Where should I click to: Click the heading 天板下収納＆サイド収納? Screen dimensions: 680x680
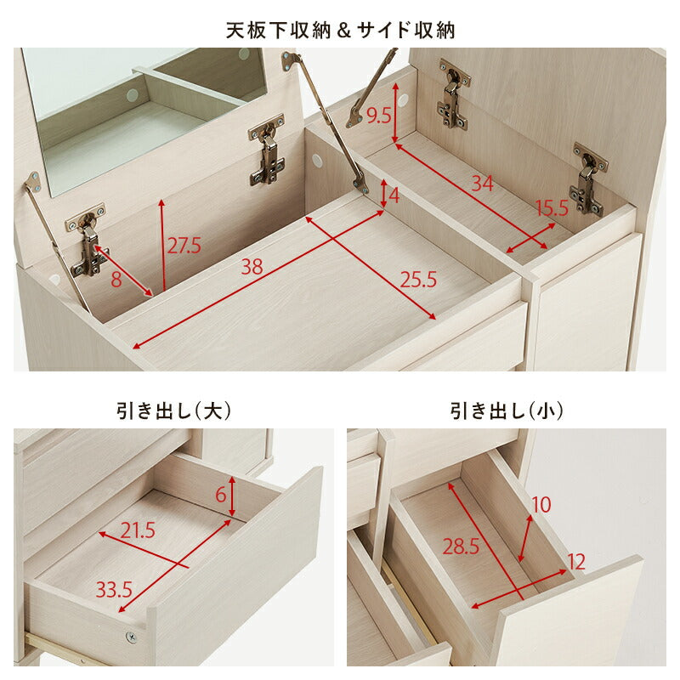(340, 31)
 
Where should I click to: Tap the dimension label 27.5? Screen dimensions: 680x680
(183, 246)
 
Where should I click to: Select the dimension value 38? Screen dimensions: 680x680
(251, 267)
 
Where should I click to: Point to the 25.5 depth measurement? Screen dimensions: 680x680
(416, 279)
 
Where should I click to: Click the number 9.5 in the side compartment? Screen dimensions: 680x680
(378, 116)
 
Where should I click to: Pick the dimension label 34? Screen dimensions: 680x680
(482, 182)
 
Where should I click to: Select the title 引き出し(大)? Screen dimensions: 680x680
(173, 411)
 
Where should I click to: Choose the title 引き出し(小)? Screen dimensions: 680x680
(506, 411)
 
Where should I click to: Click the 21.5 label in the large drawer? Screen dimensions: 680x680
(139, 531)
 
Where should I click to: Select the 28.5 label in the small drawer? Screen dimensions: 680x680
(460, 547)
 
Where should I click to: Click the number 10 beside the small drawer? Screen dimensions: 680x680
(541, 505)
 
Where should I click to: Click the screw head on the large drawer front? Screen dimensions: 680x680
(130, 637)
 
